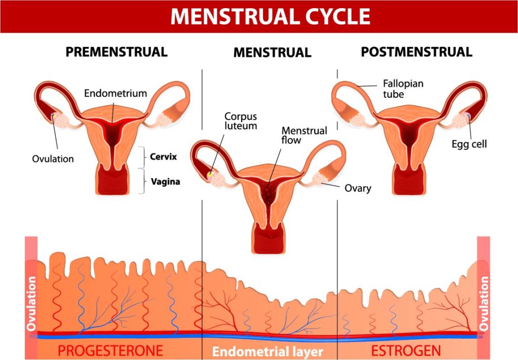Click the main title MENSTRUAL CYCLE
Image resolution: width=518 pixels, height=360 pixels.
(270, 16)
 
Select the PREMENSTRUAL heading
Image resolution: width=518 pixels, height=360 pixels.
(117, 52)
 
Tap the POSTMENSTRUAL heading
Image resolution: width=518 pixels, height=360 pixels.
(416, 52)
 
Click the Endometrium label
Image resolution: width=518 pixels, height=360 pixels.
(115, 93)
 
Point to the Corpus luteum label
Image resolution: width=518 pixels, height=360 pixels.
(240, 121)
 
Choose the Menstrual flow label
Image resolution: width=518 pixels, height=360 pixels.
(304, 135)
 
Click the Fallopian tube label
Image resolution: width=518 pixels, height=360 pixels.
(403, 89)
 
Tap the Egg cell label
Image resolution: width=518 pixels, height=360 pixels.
(469, 144)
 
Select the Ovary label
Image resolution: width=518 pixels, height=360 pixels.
(358, 188)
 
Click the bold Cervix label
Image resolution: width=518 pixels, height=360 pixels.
(163, 156)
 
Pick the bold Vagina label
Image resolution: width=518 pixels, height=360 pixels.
(165, 181)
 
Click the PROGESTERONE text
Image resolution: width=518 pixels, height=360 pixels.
(110, 350)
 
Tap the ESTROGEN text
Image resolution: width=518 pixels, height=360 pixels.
(406, 350)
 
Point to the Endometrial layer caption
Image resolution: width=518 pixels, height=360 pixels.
(268, 351)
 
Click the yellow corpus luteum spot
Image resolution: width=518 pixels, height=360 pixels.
(210, 174)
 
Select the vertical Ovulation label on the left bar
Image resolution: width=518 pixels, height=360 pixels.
(31, 304)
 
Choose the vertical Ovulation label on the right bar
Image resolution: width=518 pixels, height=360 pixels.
(484, 304)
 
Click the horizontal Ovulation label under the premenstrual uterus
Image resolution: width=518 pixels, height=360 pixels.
(53, 159)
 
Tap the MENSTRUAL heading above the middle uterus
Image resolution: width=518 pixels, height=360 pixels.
(272, 53)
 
